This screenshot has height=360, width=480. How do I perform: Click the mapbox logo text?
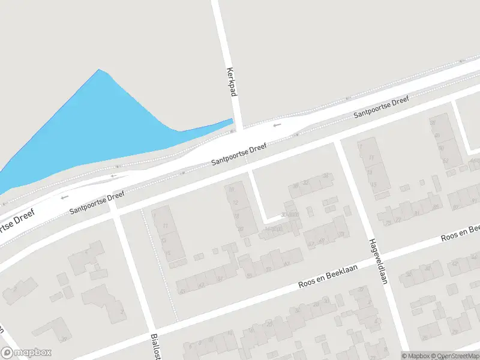click(33, 353)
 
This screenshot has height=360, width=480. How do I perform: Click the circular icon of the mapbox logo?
click(7, 353)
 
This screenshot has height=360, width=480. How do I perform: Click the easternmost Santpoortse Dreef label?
click(381, 106)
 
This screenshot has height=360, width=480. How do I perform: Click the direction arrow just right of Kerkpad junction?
click(277, 125)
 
